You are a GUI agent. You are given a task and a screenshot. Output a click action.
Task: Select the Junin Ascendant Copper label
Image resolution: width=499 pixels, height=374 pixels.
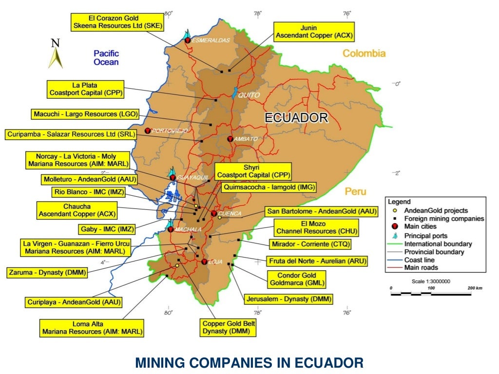pos(314,32)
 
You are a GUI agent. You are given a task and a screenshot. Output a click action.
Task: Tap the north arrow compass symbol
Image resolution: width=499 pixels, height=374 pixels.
pos(55,54)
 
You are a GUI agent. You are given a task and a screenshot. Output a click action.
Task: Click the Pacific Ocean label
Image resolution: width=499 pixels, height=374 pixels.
pos(106,57)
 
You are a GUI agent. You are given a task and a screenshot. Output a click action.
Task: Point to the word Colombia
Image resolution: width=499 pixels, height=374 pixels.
pos(364,54)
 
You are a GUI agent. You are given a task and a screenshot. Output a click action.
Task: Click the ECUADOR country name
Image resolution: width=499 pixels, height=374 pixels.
pos(296,117)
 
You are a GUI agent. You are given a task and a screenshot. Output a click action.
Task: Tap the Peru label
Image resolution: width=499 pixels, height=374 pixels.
pos(355,191)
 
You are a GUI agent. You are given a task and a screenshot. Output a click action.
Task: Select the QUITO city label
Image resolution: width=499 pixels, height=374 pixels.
pos(249,95)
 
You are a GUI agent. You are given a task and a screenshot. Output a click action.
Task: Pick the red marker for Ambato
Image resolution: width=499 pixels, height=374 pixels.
pos(230,139)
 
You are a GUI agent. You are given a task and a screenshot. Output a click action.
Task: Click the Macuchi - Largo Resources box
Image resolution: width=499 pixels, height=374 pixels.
pos(85,114)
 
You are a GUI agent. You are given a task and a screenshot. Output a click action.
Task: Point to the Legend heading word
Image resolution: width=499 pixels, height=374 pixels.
pos(399,202)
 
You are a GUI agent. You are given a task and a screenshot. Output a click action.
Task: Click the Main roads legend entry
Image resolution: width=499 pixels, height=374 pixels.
pos(421,267)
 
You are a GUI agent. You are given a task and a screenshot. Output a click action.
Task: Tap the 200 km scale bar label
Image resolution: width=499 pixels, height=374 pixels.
pos(475,288)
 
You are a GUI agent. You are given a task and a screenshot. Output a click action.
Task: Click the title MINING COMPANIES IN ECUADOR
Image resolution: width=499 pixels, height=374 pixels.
pos(249,362)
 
